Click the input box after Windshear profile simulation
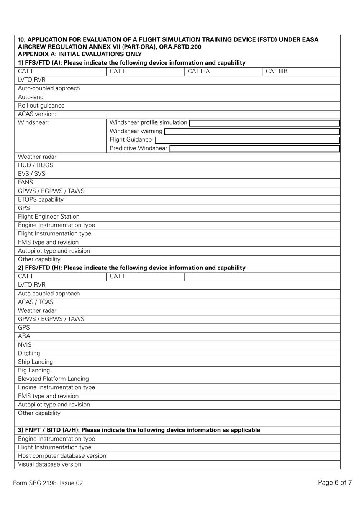tap(264, 123)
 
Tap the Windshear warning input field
tap(252, 132)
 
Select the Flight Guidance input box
tap(247, 140)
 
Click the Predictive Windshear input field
tap(254, 148)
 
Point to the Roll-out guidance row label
tap(41, 106)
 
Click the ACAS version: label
tap(37, 114)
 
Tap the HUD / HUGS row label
tap(35, 165)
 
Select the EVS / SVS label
tap(31, 174)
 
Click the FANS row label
tap(25, 183)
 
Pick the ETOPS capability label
tap(41, 200)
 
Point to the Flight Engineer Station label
tap(49, 217)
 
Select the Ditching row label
tap(29, 353)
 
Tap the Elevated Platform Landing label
tap(53, 379)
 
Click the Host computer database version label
tap(62, 456)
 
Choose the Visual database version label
tap(49, 464)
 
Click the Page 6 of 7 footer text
tap(334, 483)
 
